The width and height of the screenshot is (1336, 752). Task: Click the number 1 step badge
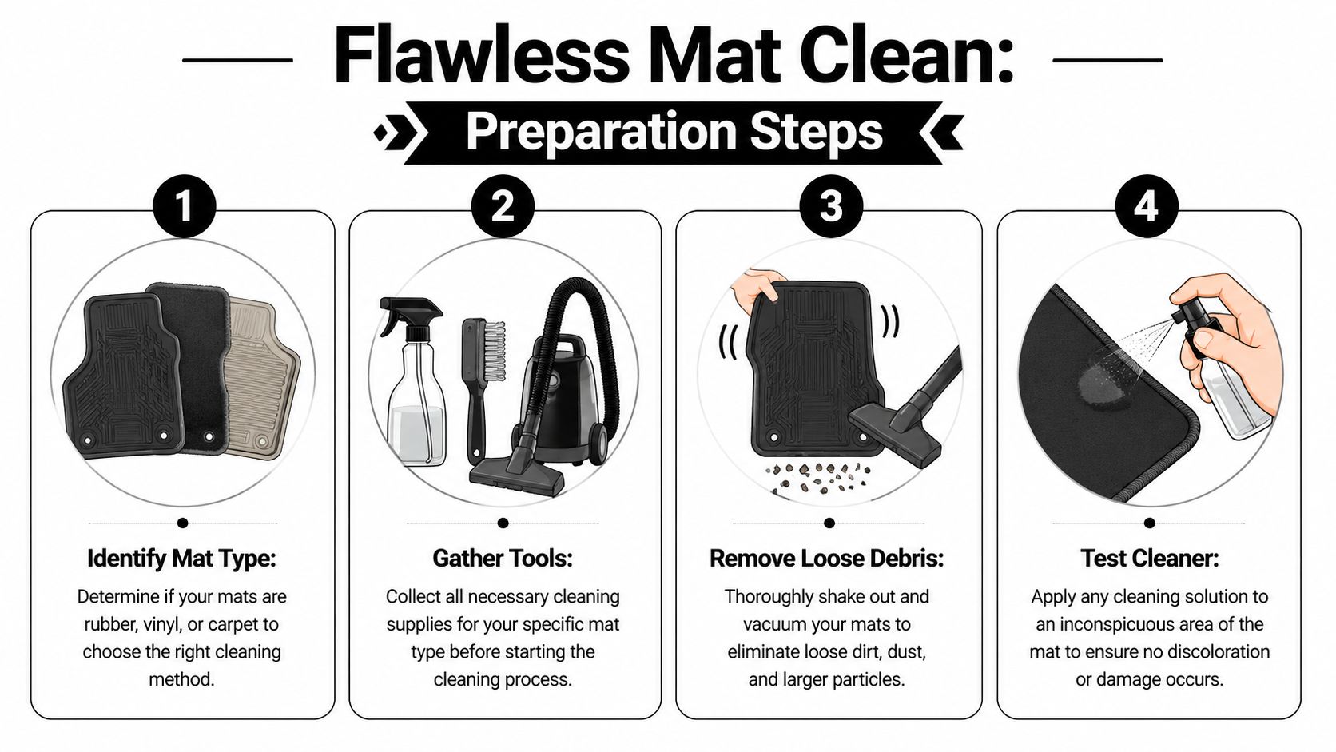pyautogui.click(x=184, y=207)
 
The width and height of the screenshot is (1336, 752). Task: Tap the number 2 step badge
pyautogui.click(x=503, y=207)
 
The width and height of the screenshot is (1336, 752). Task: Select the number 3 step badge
pyautogui.click(x=831, y=207)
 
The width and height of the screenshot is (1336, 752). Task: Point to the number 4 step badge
pyautogui.click(x=1146, y=207)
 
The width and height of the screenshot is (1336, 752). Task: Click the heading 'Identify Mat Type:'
pyautogui.click(x=181, y=558)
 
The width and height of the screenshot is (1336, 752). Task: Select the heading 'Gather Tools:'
pyautogui.click(x=503, y=558)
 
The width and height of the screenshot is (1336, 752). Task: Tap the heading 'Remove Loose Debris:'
pyautogui.click(x=826, y=558)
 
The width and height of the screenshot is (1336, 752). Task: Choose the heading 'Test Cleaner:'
pyautogui.click(x=1149, y=558)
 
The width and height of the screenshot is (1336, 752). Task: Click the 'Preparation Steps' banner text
pyautogui.click(x=674, y=132)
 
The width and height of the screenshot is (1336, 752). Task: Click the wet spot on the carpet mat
pyautogui.click(x=1099, y=388)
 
